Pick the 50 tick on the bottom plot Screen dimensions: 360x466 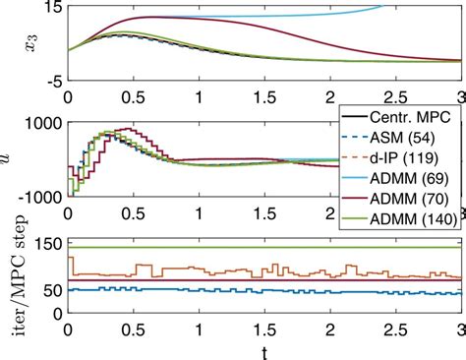click(51, 289)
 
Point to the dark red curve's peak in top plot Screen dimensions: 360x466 click(148, 17)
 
